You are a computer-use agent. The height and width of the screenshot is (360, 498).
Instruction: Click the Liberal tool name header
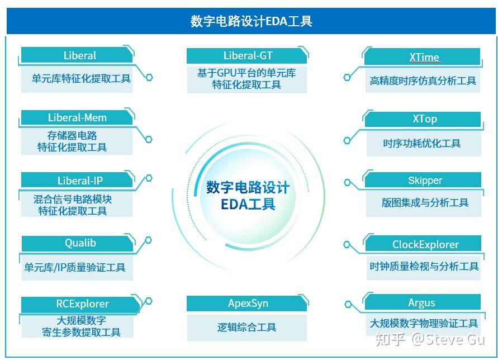[x=79, y=55]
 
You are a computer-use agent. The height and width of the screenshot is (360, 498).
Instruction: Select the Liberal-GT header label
[x=248, y=55]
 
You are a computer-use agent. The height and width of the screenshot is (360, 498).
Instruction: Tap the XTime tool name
[x=424, y=57]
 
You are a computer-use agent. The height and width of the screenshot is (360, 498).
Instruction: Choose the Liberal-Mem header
[x=77, y=117]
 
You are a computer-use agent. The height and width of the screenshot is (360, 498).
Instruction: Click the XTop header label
[x=425, y=119]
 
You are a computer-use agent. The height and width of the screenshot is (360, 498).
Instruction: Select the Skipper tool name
[x=425, y=180]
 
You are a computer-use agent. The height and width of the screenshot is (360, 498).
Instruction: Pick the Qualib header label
[x=80, y=243]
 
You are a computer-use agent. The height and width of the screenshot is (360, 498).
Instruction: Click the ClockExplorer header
[x=425, y=244]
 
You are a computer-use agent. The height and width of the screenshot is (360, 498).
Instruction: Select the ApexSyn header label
[x=248, y=304]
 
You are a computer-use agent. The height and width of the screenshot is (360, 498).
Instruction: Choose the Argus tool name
[x=421, y=302]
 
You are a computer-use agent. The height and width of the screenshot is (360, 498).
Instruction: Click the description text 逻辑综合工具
[x=247, y=327]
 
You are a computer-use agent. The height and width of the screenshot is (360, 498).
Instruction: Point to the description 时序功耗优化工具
[x=422, y=143]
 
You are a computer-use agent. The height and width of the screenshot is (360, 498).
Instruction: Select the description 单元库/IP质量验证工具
[x=75, y=267]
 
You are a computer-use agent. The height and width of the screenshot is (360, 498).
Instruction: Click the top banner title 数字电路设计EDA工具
[x=251, y=22]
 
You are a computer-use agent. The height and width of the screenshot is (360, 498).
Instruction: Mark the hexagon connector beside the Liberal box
[x=149, y=77]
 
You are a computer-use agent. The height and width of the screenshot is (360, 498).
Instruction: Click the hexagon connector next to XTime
[x=348, y=77]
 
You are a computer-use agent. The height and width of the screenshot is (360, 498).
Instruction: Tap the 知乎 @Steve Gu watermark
[x=430, y=339]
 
